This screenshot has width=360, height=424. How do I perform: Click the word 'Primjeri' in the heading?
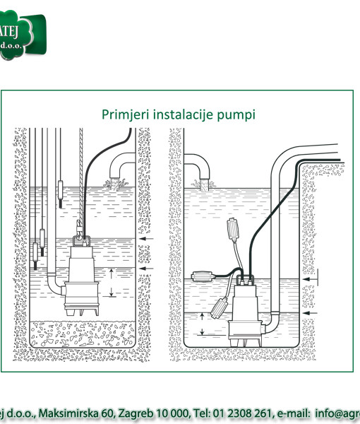[x=122, y=114]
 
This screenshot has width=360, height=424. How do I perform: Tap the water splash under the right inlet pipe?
[x=206, y=185]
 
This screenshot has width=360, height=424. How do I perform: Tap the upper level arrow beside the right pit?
[x=312, y=281]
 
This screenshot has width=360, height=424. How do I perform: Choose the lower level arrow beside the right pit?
[x=312, y=312]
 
